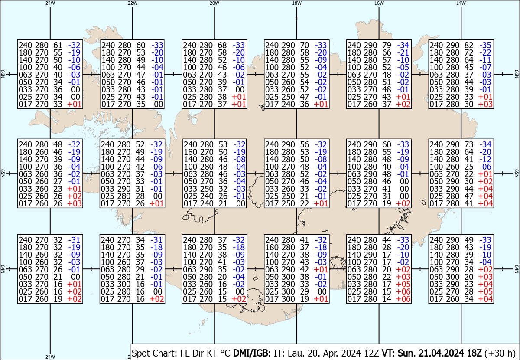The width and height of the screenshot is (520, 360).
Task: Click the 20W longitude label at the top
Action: pos(214,3)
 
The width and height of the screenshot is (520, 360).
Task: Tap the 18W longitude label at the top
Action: pos(297,3)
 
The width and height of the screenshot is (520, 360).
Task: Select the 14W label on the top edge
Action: pos(461,3)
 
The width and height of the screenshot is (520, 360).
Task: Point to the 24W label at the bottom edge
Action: pos(50,357)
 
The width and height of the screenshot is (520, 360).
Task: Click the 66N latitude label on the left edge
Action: pos(3,74)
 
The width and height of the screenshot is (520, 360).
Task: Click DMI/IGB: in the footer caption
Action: pos(252,353)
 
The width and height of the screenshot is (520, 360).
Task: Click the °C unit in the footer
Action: pos(225,353)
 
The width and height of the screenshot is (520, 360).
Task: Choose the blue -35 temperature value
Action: pos(485,45)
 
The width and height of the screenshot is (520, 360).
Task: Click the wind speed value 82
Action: pos(469,45)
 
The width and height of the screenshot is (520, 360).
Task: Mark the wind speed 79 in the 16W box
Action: pos(387,45)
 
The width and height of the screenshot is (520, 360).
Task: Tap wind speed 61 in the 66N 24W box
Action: pos(58,45)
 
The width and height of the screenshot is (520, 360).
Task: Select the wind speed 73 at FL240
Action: pos(469,144)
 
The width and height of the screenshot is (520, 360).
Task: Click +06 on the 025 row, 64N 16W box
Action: pos(403,291)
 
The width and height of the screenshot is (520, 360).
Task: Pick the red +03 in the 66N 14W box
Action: pos(485,104)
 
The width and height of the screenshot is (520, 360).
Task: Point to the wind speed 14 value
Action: pos(387,299)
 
